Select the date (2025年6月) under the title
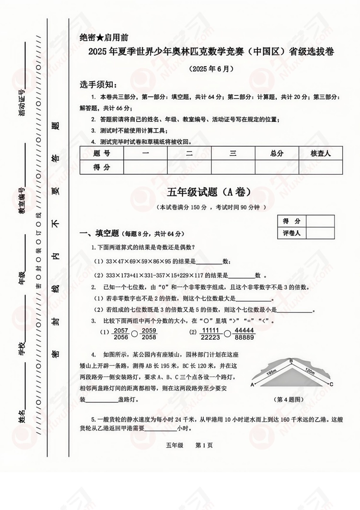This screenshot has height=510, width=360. (211, 69)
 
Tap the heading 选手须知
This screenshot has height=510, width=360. (98, 85)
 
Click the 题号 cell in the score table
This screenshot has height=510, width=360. (102, 154)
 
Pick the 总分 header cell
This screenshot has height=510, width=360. (277, 154)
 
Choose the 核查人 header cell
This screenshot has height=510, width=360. (321, 154)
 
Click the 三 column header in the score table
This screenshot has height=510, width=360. (233, 154)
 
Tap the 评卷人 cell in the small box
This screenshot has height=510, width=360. (291, 233)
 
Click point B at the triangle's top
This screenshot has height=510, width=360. (290, 361)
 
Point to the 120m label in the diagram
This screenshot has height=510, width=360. (309, 372)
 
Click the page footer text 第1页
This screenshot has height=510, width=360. (205, 445)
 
